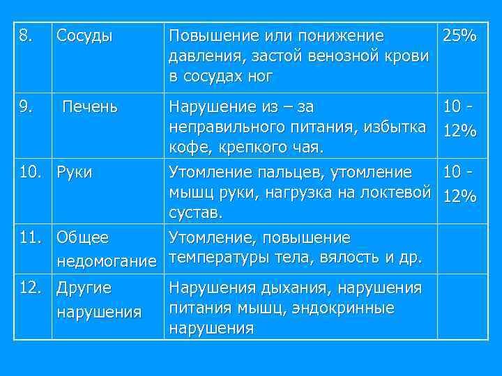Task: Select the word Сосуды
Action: pyautogui.click(x=84, y=36)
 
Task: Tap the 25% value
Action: pyautogui.click(x=457, y=35)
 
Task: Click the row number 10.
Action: pyautogui.click(x=29, y=172)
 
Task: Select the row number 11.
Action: pyautogui.click(x=29, y=237)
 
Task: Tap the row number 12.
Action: pyautogui.click(x=29, y=286)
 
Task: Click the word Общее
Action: pyautogui.click(x=82, y=237)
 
